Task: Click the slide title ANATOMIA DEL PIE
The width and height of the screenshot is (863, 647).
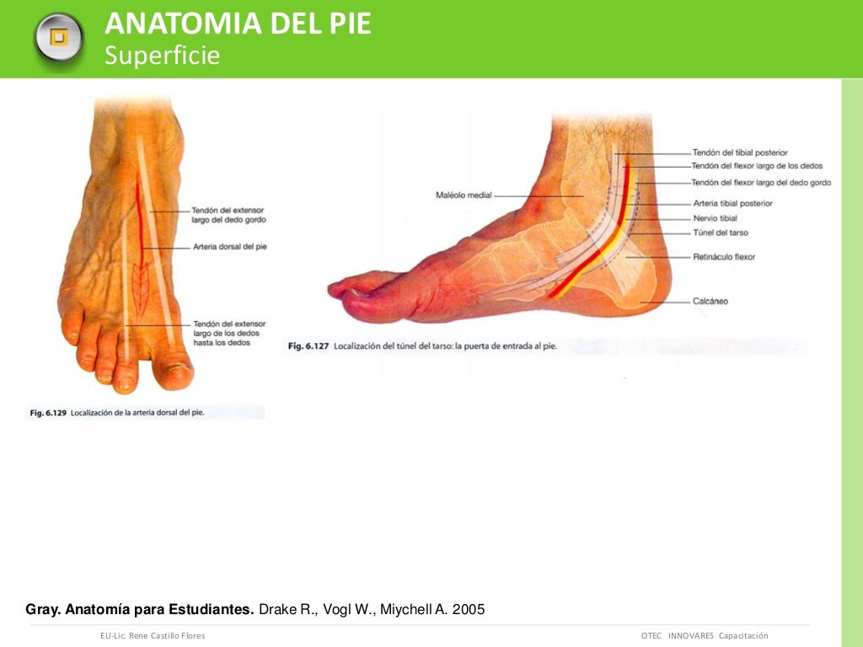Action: (238, 24)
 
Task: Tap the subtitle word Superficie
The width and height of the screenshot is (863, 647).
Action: (162, 56)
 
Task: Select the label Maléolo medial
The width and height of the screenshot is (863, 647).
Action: (464, 195)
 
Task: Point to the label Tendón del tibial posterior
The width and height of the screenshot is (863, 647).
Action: (740, 152)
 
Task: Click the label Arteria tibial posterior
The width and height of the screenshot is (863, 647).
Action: (732, 203)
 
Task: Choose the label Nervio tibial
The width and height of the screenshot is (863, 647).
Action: (715, 218)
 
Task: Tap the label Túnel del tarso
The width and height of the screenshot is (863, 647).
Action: (720, 233)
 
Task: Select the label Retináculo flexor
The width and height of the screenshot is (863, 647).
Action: (724, 256)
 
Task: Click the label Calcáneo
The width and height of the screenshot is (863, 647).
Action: (710, 301)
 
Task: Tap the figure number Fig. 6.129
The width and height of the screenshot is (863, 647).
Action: (48, 413)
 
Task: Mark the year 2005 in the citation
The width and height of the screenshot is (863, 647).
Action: (469, 609)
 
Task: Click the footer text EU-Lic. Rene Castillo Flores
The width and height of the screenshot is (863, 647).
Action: (153, 635)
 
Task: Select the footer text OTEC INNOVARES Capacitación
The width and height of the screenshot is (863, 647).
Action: (705, 635)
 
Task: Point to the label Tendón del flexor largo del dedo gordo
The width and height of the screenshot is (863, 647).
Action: (761, 183)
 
